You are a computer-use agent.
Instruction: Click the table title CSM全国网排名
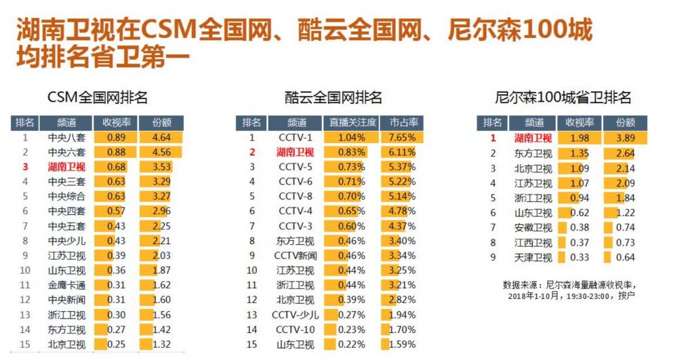coord(97,97)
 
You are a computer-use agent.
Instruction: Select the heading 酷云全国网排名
coord(333,97)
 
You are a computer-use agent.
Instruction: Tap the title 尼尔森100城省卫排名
coord(564,97)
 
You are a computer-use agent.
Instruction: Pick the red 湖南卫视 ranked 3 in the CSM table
coord(66,167)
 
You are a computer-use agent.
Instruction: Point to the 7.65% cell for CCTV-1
coord(403,138)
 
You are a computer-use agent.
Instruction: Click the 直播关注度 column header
coord(352,123)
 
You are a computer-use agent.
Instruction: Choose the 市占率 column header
coord(403,123)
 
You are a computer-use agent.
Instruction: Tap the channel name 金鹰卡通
coord(66,285)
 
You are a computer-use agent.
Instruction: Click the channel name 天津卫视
coord(533,258)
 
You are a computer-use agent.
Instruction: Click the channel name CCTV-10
coord(295,329)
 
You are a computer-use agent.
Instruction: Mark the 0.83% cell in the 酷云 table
coord(352,153)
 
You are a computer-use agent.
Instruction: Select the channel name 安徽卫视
coord(533,228)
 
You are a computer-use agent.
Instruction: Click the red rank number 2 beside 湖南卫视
coord(251,153)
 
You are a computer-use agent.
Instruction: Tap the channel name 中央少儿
coord(66,241)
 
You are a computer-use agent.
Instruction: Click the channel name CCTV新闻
coord(295,256)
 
